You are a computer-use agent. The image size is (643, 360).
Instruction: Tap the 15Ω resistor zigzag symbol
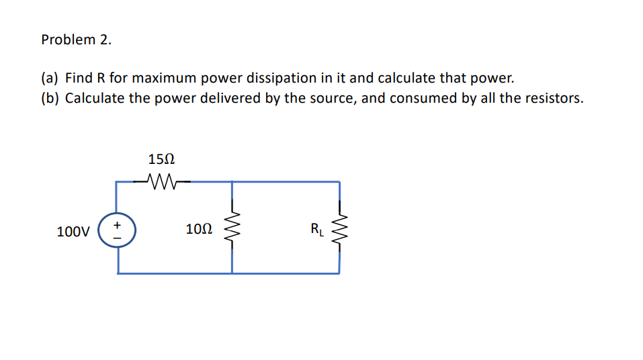point(162,181)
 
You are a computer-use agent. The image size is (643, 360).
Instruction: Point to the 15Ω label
point(161,160)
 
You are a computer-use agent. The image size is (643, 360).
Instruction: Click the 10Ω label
point(199,230)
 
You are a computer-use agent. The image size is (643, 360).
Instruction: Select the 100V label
point(73,232)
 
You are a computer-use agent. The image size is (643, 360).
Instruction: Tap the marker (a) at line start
point(50,78)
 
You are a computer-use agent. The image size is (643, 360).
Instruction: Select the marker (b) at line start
point(50,98)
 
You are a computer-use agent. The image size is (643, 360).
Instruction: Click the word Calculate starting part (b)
point(95,98)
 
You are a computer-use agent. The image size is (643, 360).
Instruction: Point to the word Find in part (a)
point(79,78)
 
